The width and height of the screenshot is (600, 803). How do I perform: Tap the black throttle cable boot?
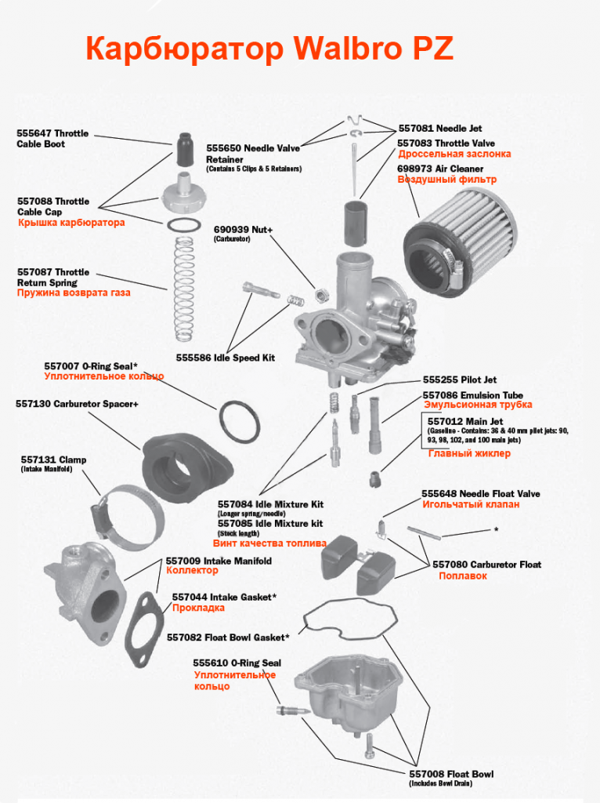tap(185, 150)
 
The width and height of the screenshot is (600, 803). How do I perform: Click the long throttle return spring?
tap(183, 289)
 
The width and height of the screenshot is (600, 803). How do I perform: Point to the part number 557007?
tap(61, 366)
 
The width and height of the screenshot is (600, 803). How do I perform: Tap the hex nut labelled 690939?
tap(320, 296)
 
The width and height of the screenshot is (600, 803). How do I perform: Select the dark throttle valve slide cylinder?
tap(354, 224)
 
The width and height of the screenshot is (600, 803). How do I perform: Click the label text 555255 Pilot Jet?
tap(459, 380)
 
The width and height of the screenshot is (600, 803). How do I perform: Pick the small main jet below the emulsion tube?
tap(375, 480)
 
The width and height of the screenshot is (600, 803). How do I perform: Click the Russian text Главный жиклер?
tap(469, 453)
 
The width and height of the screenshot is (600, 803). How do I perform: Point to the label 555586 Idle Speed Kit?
tap(225, 358)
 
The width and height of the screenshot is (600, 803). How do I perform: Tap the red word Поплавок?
tap(463, 576)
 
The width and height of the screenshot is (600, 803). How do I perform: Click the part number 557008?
tap(427, 774)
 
